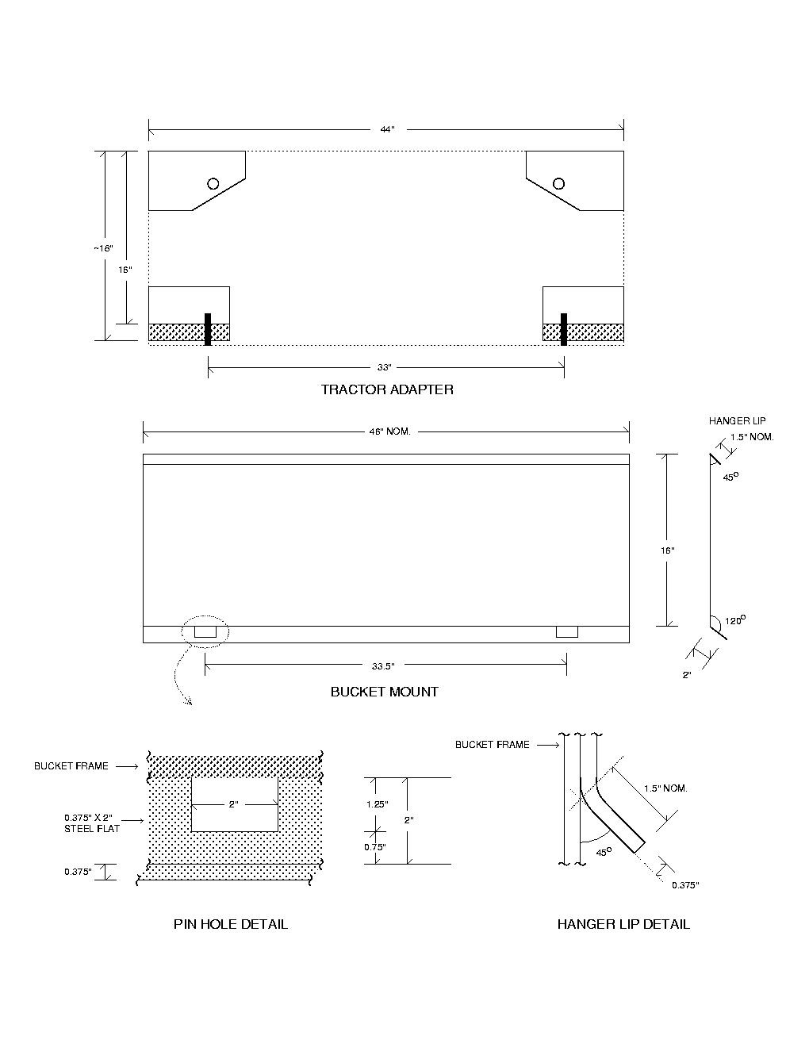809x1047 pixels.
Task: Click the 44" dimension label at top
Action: point(386,129)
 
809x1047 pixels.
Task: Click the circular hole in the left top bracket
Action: point(213,183)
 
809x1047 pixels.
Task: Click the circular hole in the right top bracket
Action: point(558,183)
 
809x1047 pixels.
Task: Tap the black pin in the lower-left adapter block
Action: point(208,329)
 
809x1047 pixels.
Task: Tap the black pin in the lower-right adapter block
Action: point(564,329)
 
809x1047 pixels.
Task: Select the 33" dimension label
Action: point(385,367)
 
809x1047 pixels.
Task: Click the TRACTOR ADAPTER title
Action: point(387,389)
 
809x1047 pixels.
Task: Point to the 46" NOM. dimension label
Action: point(386,431)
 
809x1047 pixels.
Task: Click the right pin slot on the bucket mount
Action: point(566,631)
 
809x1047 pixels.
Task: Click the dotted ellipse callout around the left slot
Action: point(205,631)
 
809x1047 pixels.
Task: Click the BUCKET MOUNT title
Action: point(384,692)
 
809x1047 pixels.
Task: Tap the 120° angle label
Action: point(735,620)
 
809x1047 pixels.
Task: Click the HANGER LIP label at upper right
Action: point(737,421)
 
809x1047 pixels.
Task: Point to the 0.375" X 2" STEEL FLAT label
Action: point(92,823)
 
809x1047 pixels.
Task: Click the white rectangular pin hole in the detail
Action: point(234,804)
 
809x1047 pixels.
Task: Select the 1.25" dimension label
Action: point(377,803)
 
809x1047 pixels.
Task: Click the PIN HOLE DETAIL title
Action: point(230,924)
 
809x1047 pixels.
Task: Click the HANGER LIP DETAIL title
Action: point(623,924)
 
